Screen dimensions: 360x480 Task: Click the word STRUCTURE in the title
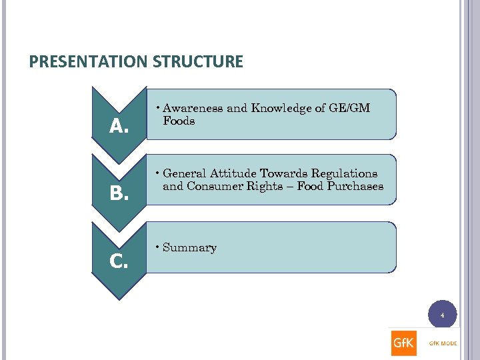[198, 62]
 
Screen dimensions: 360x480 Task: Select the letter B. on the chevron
[119, 193]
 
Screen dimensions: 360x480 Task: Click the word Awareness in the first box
[193, 108]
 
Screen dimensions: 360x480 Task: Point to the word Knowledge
[275, 108]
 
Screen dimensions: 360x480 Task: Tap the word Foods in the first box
[179, 121]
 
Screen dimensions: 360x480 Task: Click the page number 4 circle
[442, 314]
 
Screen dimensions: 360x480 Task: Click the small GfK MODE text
[443, 344]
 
